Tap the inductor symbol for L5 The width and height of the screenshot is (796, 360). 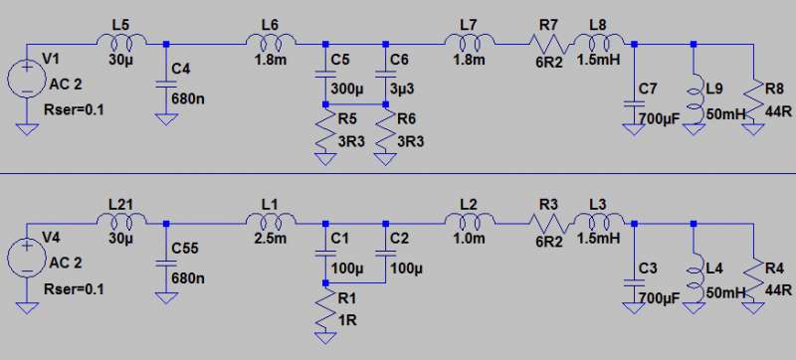point(121,41)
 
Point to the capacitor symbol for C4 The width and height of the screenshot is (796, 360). point(166,86)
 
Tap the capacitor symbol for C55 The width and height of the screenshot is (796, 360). point(166,265)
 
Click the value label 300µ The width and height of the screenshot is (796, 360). point(347,90)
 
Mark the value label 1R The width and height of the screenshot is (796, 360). point(347,320)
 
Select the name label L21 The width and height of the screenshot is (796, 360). point(121,204)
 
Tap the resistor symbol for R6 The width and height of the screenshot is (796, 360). point(385,130)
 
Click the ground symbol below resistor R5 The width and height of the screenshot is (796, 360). point(325,160)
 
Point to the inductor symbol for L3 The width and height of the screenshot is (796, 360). point(599,220)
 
